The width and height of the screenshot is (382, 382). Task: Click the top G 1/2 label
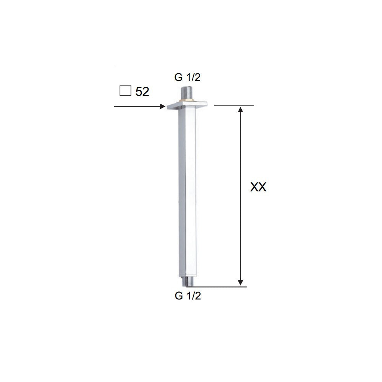tap(187, 77)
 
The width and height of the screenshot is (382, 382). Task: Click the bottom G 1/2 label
tap(187, 296)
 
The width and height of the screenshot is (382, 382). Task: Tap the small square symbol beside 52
tap(125, 91)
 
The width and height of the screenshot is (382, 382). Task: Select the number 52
tap(142, 92)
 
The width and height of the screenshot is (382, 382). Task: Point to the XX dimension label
tap(258, 187)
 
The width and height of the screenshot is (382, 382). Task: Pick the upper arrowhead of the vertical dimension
tap(240, 110)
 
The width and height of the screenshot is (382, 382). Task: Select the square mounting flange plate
tap(186, 105)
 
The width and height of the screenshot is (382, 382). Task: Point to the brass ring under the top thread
tap(186, 101)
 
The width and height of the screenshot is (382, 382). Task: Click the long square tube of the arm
tap(187, 191)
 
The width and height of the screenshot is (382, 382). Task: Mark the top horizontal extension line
tap(234, 105)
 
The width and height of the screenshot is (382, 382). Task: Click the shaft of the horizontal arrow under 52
tap(138, 107)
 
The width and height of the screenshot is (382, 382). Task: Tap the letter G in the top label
tap(178, 77)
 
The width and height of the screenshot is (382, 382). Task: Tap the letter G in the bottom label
tap(178, 296)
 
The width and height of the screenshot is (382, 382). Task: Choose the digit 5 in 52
tap(139, 92)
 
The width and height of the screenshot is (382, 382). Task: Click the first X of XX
tap(254, 187)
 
